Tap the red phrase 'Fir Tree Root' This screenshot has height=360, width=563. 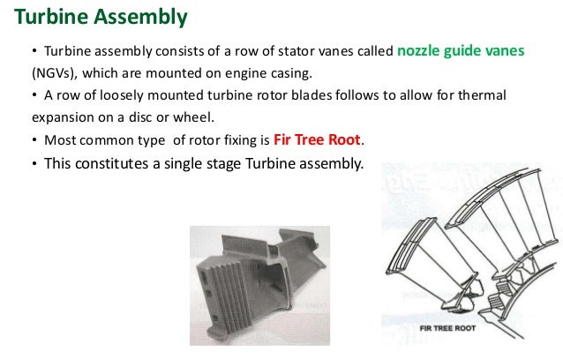318,139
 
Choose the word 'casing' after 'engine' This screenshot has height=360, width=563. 292,73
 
